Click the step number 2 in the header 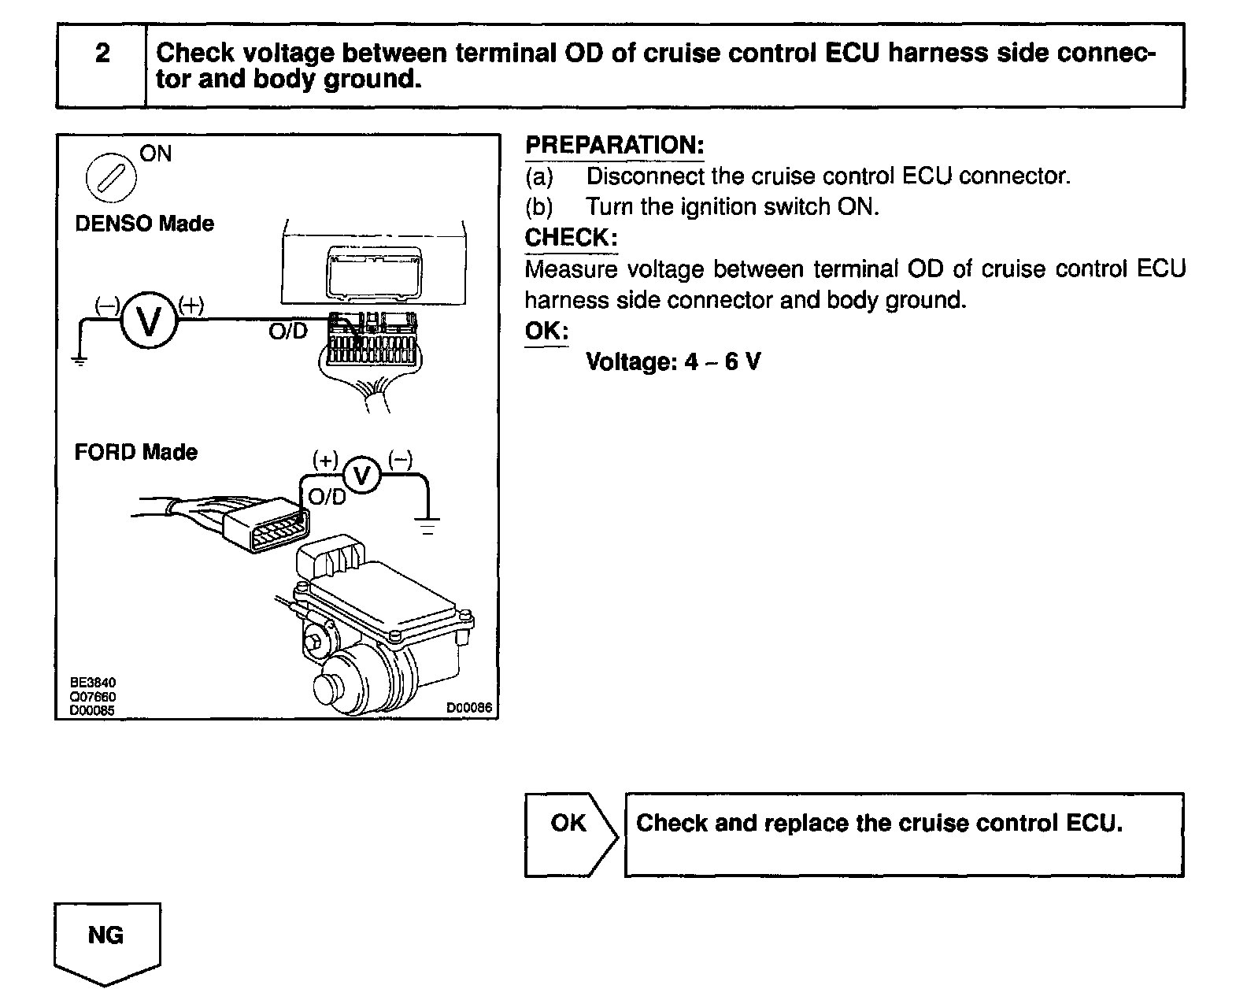click(102, 54)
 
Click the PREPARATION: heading click(614, 146)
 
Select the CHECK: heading click(571, 238)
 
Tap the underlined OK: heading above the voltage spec click(546, 331)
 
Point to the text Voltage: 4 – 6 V click(673, 362)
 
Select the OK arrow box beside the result click(570, 833)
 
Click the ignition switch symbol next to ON click(110, 177)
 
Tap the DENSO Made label click(144, 224)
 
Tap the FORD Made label click(135, 453)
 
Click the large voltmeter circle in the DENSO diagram click(149, 320)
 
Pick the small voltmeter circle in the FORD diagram click(362, 476)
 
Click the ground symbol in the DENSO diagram click(79, 359)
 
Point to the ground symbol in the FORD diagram click(427, 526)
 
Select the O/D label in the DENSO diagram click(288, 331)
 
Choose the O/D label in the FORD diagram click(327, 498)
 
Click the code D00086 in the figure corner click(469, 708)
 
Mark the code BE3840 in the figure click(93, 683)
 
